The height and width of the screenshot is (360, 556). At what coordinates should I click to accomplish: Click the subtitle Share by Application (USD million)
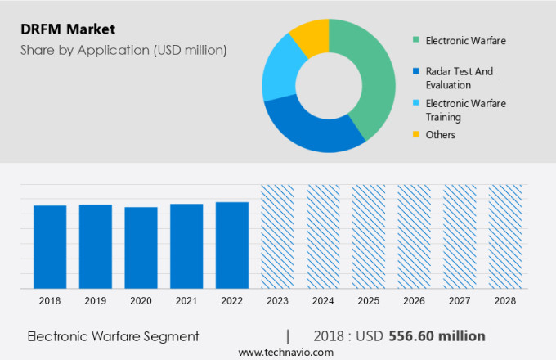[123, 51]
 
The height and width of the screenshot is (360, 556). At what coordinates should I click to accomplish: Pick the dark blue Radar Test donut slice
[303, 131]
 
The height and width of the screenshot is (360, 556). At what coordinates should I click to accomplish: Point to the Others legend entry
[440, 134]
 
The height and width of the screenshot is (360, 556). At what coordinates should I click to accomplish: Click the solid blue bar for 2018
[50, 246]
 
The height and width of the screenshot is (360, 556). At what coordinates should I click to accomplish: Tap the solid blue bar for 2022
[232, 245]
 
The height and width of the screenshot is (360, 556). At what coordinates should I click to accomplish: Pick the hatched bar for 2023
[277, 236]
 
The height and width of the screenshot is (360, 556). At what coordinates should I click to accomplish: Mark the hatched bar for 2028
[504, 236]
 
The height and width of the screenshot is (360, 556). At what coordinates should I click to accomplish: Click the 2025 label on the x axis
[368, 301]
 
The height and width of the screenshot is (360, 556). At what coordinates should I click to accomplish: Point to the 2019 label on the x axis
[96, 301]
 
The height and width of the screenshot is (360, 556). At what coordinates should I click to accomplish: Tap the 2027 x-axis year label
[459, 301]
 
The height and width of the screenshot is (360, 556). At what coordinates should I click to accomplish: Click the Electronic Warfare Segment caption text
[113, 336]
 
